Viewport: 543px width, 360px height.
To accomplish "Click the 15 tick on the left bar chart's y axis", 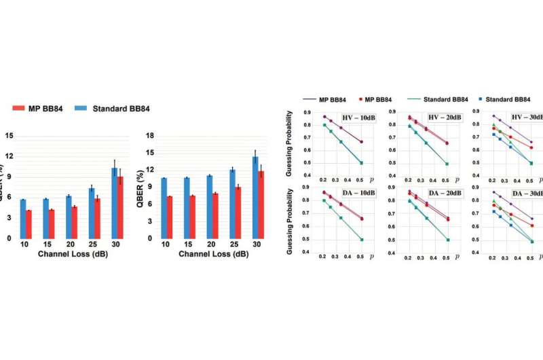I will click(9, 136).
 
